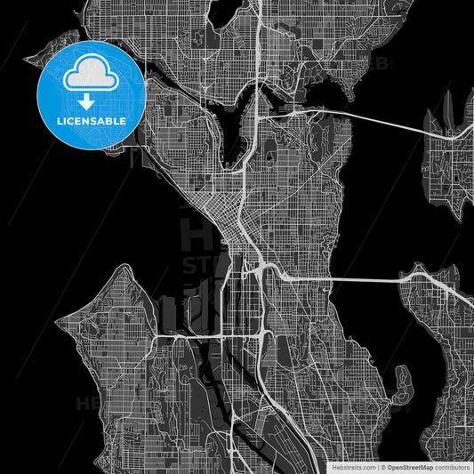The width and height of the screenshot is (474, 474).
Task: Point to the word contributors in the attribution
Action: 453,466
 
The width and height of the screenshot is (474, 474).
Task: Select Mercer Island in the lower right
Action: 436,329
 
